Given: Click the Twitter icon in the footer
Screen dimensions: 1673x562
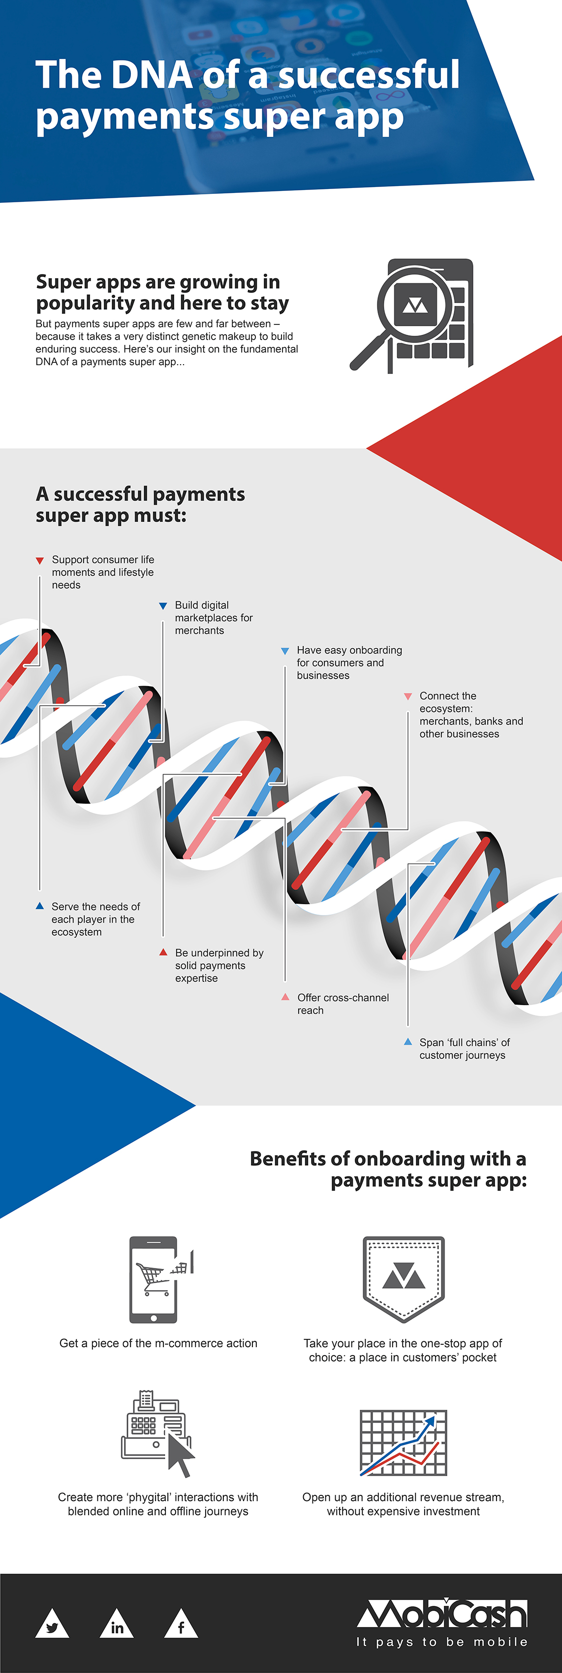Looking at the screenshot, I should click(52, 1625).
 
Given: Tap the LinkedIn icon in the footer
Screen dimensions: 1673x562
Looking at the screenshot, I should click(117, 1625).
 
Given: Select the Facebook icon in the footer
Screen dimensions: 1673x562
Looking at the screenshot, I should click(181, 1625).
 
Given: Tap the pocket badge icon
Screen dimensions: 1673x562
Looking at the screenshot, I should click(404, 1278).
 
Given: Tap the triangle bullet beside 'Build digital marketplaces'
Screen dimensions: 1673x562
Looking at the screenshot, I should click(163, 606).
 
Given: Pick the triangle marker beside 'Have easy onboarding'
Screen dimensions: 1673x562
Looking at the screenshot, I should click(284, 651).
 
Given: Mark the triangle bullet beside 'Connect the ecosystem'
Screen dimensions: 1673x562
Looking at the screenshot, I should click(407, 696).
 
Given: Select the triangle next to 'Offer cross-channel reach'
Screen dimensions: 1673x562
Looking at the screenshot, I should click(285, 997).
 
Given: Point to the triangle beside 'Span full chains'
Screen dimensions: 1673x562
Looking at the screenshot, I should click(407, 1042).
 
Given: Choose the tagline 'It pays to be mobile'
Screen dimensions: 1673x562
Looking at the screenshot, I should click(442, 1642).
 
